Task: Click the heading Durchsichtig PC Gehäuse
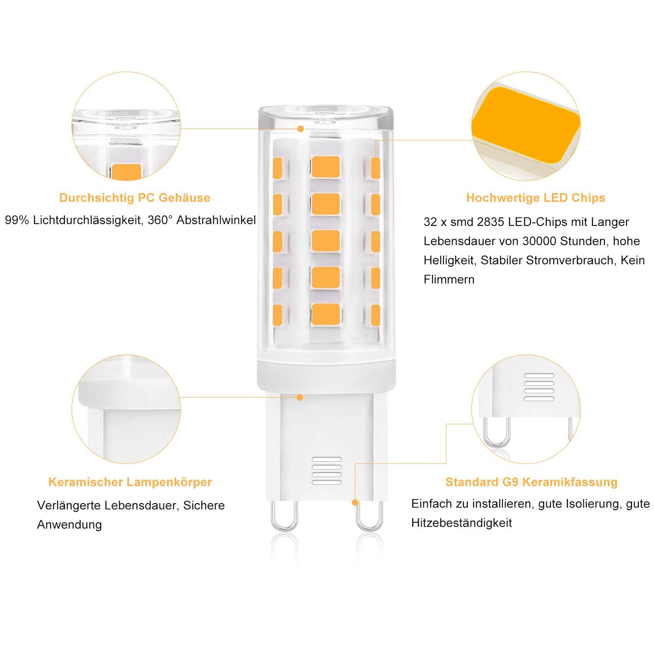tap(134, 198)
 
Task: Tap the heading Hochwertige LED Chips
tap(535, 198)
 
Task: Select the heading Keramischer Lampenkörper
tap(130, 482)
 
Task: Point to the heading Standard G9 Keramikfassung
tap(531, 482)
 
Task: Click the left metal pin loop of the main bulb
tap(284, 517)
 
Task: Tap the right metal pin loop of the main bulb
tap(369, 517)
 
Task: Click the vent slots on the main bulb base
tap(327, 471)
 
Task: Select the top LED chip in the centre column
tap(326, 167)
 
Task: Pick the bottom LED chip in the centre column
tap(326, 314)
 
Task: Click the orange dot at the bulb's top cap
tap(300, 129)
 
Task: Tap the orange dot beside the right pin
tap(355, 503)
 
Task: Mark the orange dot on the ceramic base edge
tap(300, 397)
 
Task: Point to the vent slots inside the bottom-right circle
tap(539, 387)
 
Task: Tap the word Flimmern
tap(449, 279)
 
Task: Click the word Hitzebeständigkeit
tap(461, 523)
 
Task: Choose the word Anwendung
tap(69, 525)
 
